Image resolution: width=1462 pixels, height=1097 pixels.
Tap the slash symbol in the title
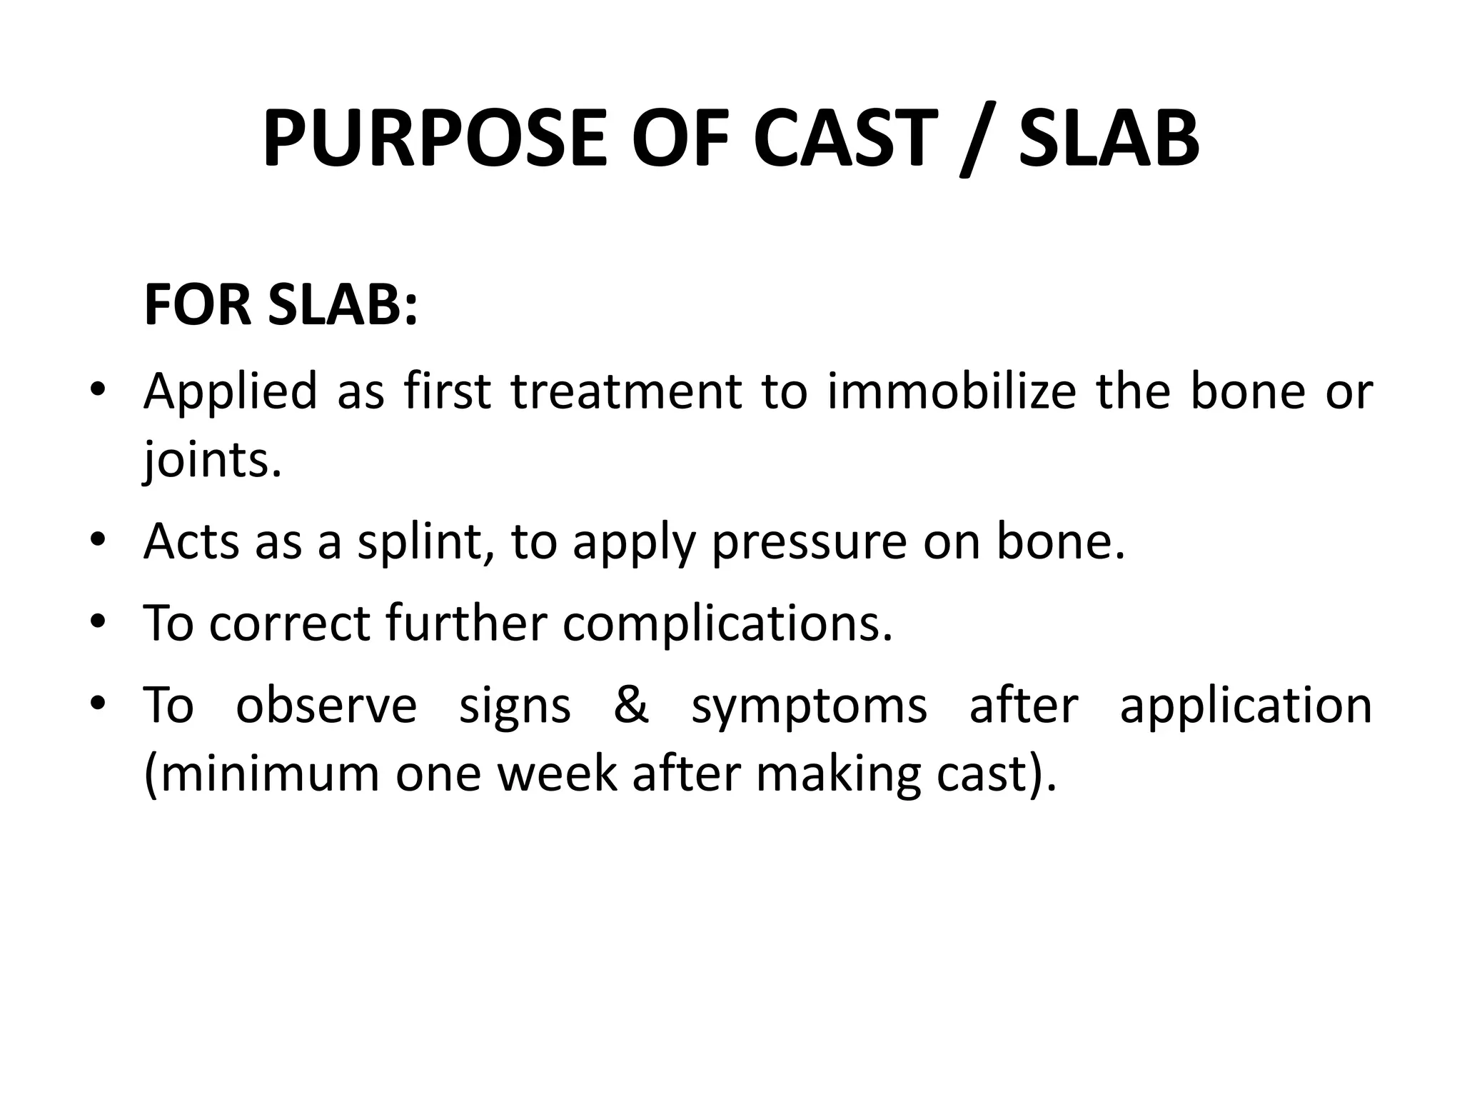coord(976,139)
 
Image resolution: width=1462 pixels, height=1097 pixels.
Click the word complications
coord(727,623)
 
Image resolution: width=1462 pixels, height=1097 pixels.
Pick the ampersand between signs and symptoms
coord(631,705)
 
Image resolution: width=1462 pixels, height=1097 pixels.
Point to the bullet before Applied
coord(98,392)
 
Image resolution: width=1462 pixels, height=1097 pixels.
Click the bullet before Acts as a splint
coord(98,542)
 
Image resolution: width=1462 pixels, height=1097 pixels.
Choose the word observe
coord(326,705)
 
